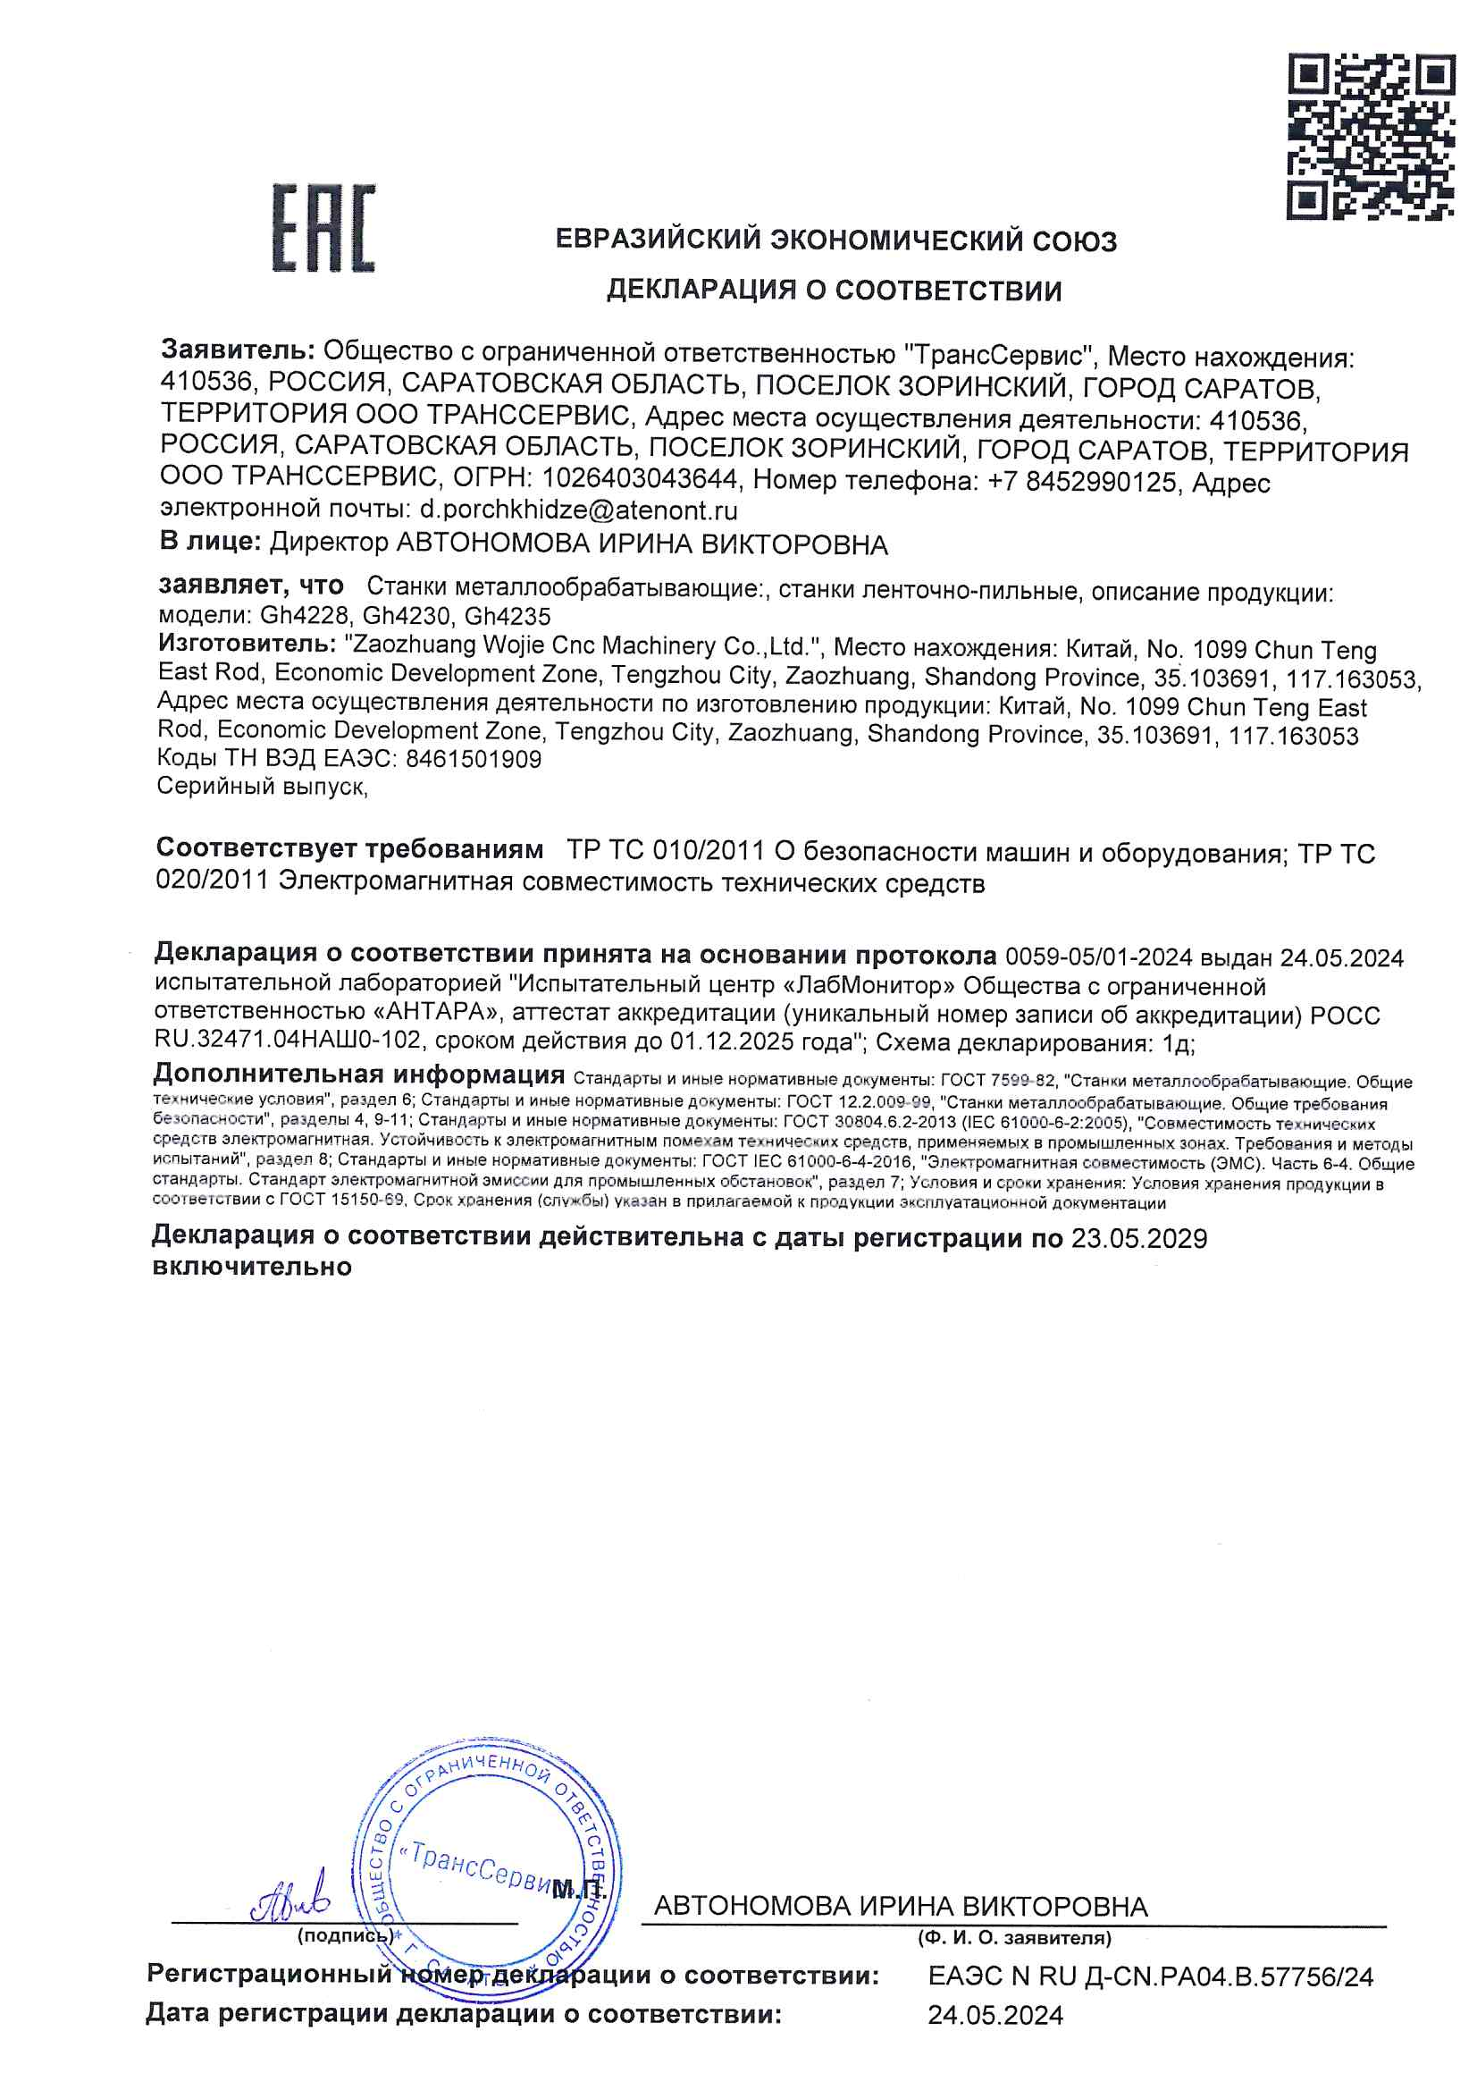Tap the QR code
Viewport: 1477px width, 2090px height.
(x=1371, y=137)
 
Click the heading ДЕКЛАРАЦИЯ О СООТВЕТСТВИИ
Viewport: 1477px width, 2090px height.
(x=834, y=291)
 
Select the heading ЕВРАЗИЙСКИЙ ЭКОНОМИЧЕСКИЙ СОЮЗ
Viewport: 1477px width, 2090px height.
(x=835, y=240)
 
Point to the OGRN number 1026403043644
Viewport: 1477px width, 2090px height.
(x=640, y=479)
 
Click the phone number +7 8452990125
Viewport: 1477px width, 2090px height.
(x=1082, y=482)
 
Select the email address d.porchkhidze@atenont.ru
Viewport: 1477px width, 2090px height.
(x=579, y=510)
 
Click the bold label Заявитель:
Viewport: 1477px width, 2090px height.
(x=238, y=350)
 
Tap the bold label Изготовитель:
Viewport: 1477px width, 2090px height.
(x=247, y=644)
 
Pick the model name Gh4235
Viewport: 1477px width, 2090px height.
(x=508, y=616)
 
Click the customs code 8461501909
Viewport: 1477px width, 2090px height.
(x=474, y=759)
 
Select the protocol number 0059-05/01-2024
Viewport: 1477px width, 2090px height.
(x=1098, y=957)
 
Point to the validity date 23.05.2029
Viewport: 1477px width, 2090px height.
(x=1139, y=1238)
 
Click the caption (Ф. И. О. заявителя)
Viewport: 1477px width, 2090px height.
(x=1014, y=1938)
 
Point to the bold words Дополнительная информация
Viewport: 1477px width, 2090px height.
(x=359, y=1074)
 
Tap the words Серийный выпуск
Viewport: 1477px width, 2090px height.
(x=261, y=787)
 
